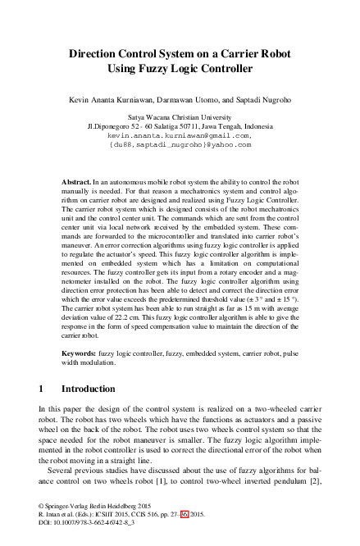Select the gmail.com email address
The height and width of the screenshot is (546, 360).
pyautogui.click(x=180, y=135)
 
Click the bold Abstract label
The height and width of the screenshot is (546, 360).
pyautogui.click(x=77, y=180)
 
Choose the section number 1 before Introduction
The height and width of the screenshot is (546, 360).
pyautogui.click(x=42, y=389)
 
